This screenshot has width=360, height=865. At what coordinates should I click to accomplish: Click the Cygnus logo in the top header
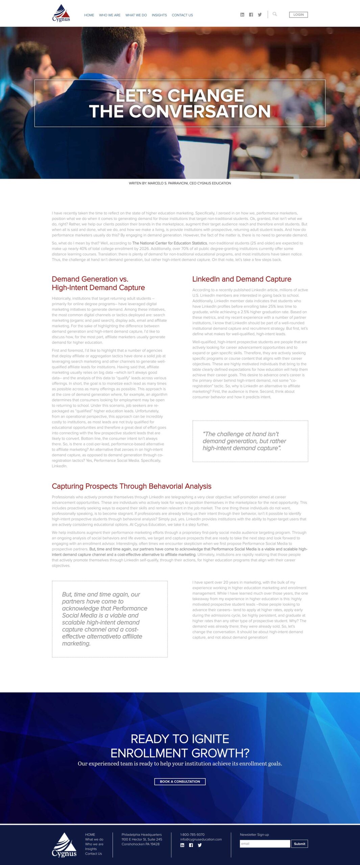pos(61,13)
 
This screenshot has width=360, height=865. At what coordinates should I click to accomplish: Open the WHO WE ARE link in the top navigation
pos(110,15)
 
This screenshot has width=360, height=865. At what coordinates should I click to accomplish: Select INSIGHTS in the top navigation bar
pos(159,15)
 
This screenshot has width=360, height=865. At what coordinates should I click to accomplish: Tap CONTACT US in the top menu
pos(182,15)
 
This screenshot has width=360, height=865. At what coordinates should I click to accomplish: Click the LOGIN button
pos(298,15)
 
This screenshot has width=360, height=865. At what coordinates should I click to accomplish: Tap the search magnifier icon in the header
pos(275,14)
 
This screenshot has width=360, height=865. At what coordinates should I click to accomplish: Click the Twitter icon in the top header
pos(260,15)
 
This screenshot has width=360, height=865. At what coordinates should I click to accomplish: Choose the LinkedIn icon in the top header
pos(242,15)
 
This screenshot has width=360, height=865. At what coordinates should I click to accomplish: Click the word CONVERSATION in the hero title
pos(199,111)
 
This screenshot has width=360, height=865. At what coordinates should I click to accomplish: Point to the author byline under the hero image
pos(180,183)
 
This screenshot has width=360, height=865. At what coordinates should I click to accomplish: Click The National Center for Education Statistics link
pos(169,243)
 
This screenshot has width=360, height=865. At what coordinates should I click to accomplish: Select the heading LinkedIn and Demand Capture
pos(242,279)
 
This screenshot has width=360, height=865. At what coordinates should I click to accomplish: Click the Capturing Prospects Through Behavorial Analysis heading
pos(131,486)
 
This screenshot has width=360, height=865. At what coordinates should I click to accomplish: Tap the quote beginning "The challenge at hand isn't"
pos(244,441)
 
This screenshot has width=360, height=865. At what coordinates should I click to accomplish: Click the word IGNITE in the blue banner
pos(209,739)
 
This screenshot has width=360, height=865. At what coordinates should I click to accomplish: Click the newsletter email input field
pos(265,844)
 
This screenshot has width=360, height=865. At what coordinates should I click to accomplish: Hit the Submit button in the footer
pos(299,844)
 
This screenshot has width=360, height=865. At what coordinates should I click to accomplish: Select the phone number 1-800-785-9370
pos(192,835)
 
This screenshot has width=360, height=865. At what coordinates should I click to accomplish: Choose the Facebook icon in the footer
pos(191,845)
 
